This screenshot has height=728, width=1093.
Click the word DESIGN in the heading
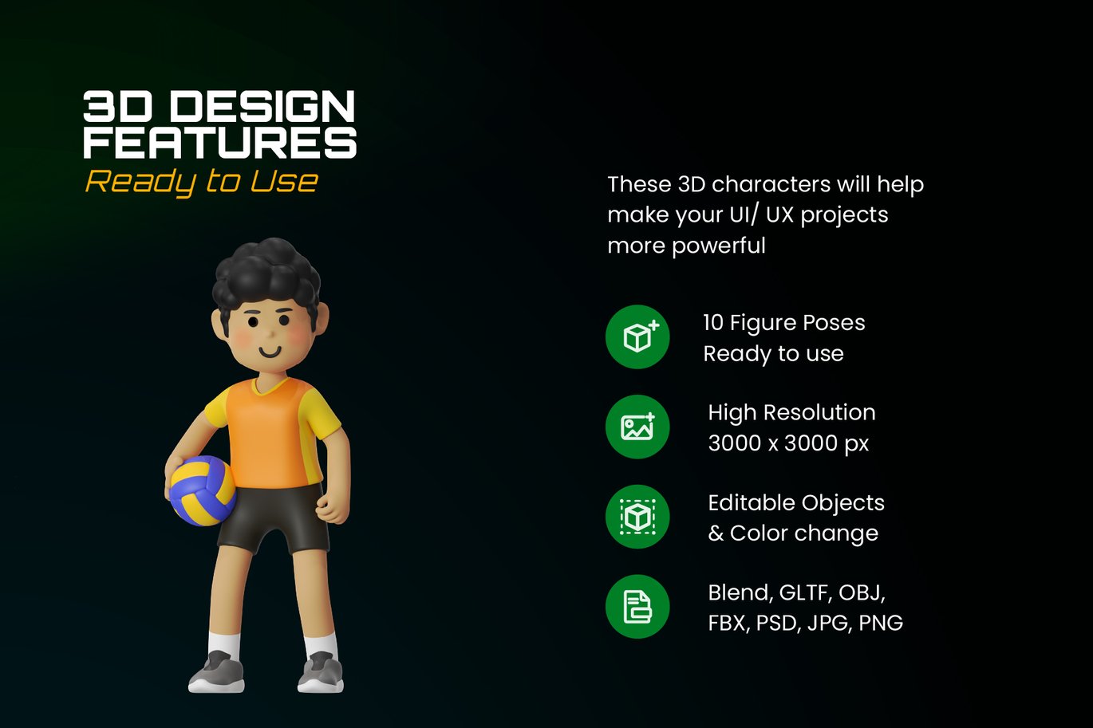coord(262,106)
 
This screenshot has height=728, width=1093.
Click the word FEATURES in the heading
coord(220,142)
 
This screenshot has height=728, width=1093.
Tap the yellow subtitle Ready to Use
coord(202,183)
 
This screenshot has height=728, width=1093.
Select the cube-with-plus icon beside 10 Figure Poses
coord(637,336)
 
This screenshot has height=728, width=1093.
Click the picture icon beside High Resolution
coord(637,427)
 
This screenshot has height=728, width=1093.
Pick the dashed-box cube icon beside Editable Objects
coord(637,517)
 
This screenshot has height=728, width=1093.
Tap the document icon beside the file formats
coord(637,607)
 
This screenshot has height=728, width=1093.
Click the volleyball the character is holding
coord(203,490)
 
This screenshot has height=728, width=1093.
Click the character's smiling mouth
coord(270,351)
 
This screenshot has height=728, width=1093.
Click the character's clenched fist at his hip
coord(333,509)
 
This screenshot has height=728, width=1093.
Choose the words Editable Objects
coord(796,502)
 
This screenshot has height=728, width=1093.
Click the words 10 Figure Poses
coord(784,323)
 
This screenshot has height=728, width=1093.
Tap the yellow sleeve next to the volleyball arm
coord(217,408)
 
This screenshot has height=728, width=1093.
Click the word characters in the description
coord(771,184)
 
